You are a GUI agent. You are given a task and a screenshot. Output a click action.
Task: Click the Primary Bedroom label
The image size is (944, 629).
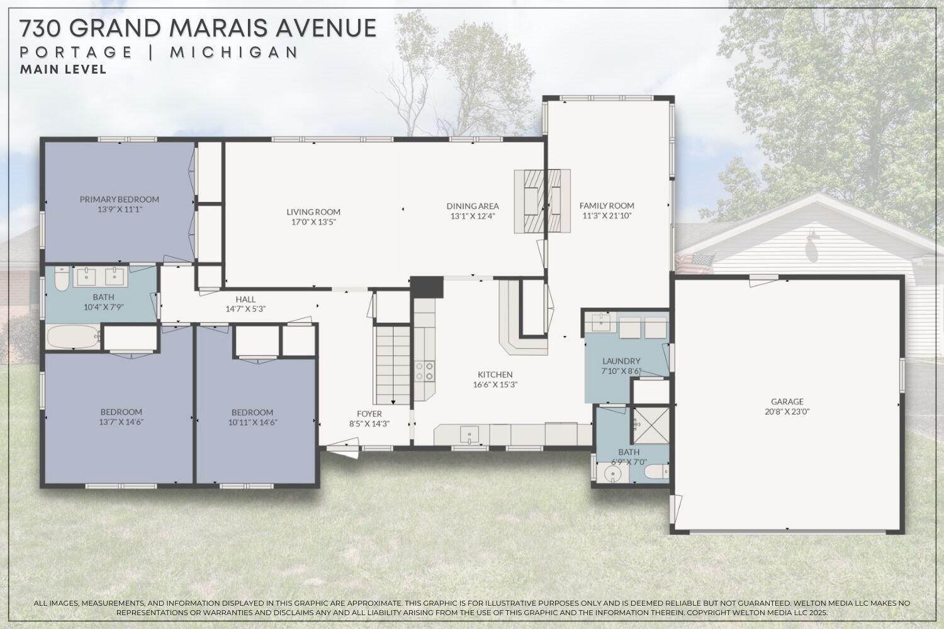coord(120,199)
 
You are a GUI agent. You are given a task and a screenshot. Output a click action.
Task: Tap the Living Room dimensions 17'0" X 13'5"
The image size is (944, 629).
coord(313,222)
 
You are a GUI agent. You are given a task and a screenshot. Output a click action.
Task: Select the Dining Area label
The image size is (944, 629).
coord(473,206)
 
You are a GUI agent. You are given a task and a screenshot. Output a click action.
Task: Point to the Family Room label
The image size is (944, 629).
coord(607,206)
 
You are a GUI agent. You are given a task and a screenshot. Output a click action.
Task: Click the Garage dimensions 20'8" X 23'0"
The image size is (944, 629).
coord(787,411)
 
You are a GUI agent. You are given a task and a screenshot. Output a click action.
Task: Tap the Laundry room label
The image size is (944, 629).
coord(621,361)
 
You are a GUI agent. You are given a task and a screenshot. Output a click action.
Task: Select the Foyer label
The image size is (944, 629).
coord(369,414)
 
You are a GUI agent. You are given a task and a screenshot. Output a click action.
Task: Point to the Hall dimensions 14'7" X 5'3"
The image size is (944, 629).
coord(245,309)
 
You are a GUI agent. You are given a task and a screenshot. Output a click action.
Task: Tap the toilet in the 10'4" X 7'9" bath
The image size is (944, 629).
coord(62,278)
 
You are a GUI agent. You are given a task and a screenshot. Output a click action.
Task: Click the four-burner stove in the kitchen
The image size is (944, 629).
coord(424,371)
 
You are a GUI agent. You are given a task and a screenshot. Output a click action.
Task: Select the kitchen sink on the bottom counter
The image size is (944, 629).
coord(469,435)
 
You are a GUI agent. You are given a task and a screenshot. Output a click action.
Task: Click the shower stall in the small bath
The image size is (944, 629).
coord(651,425)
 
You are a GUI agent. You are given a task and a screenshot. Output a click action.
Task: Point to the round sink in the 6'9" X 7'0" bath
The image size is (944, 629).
coord(611,474)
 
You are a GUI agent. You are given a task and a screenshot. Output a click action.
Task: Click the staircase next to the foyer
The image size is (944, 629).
coord(391,365)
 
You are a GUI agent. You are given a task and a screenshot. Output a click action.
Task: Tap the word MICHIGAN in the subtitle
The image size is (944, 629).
coord(234,53)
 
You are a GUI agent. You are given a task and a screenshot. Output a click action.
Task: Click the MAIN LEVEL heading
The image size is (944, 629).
coord(63,70)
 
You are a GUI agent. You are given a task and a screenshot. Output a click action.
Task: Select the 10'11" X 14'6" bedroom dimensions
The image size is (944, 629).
coord(252,423)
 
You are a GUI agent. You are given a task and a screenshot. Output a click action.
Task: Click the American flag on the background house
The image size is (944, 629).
coord(695,262)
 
